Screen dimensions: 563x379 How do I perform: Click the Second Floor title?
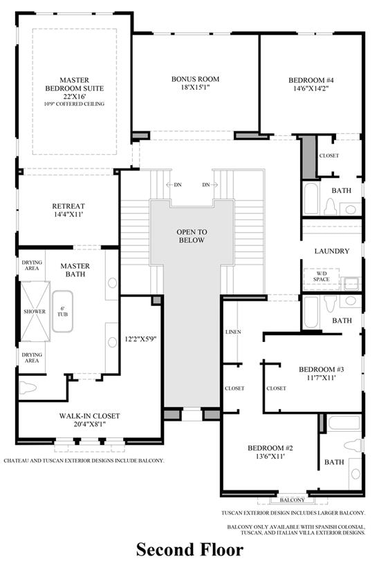[x=189, y=549]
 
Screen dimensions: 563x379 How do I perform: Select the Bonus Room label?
[x=196, y=84]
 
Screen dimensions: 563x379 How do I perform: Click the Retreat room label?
[x=68, y=210]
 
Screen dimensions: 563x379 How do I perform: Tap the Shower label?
[x=34, y=312]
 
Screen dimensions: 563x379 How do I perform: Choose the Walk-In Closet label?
[x=89, y=420]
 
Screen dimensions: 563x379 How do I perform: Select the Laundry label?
[x=331, y=251]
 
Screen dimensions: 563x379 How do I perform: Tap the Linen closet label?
[x=233, y=332]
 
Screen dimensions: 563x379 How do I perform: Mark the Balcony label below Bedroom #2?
[x=293, y=499]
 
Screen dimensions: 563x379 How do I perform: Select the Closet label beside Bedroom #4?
[x=329, y=156]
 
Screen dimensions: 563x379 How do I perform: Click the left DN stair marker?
[x=176, y=184]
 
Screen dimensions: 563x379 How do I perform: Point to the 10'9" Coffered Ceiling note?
[x=74, y=104]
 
